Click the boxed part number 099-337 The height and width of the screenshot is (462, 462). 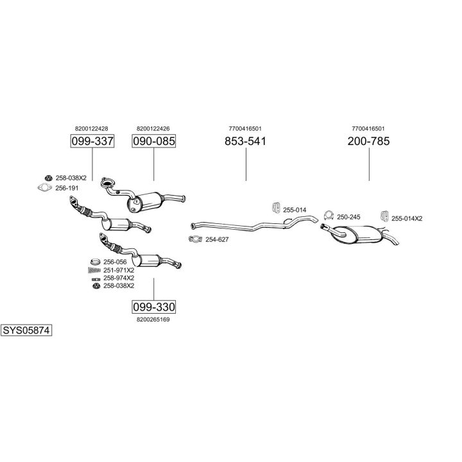92,141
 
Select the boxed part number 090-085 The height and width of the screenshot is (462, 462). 153,141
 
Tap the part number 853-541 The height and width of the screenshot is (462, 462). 245,141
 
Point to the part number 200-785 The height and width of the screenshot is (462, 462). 368,141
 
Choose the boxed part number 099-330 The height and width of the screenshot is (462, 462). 153,306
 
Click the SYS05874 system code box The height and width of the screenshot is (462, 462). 26,331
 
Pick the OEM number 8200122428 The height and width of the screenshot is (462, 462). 92,128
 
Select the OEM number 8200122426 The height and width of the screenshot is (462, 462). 153,128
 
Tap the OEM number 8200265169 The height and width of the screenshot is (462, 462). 153,319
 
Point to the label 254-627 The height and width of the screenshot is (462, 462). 217,239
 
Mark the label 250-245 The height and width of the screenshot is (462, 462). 348,218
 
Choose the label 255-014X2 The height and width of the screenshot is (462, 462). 407,218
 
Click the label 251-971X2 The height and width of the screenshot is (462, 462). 119,270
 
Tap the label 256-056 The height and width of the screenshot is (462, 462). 116,262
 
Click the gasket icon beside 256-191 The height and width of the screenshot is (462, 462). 44,188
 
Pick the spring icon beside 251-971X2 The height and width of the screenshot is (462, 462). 94,270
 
